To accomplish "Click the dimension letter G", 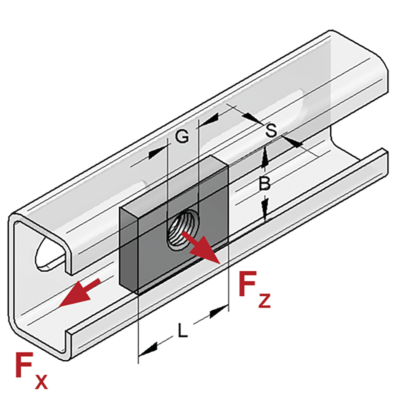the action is (x=182, y=136).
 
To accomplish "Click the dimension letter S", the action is (x=271, y=130).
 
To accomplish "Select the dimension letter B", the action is (x=265, y=183).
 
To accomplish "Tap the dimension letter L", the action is (x=182, y=330).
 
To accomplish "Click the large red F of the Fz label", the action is (x=247, y=284).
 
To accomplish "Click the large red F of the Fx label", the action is (x=24, y=365).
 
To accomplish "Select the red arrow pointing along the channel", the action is (x=79, y=293).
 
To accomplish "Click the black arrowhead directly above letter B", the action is (x=265, y=158).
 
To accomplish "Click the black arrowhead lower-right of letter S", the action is (x=294, y=142).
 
